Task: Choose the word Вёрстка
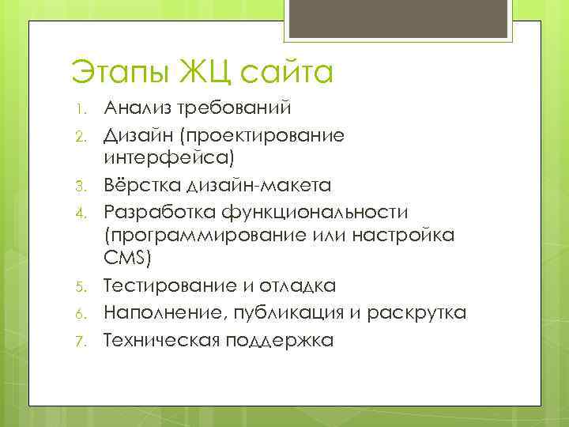click(x=142, y=187)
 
